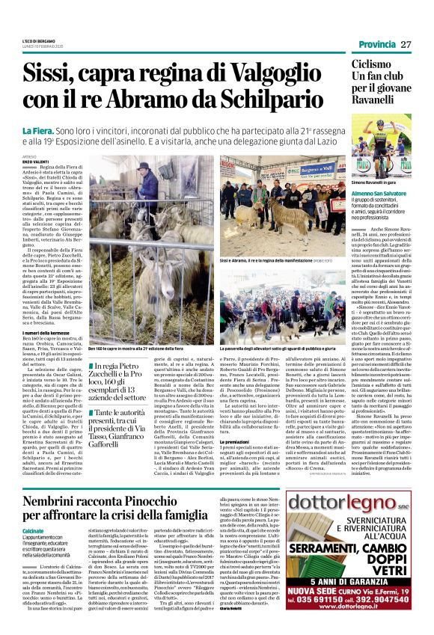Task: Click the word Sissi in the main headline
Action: pyautogui.click(x=47, y=74)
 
